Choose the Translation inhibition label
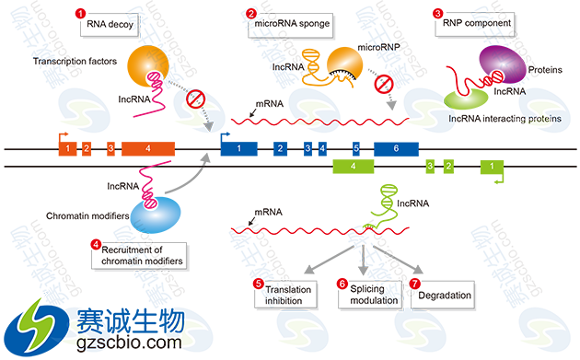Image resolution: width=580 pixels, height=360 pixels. click(x=289, y=296)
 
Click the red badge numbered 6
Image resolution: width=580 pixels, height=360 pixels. click(x=342, y=284)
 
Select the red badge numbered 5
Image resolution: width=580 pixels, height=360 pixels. click(x=260, y=284)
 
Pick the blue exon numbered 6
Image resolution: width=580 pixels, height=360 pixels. click(x=397, y=147)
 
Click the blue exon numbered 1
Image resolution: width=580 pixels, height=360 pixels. click(x=239, y=147)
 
